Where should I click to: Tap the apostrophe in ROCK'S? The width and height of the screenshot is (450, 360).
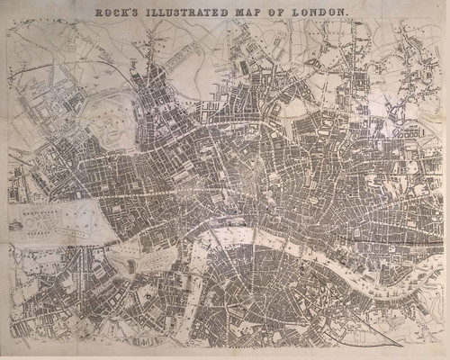[137, 9]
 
